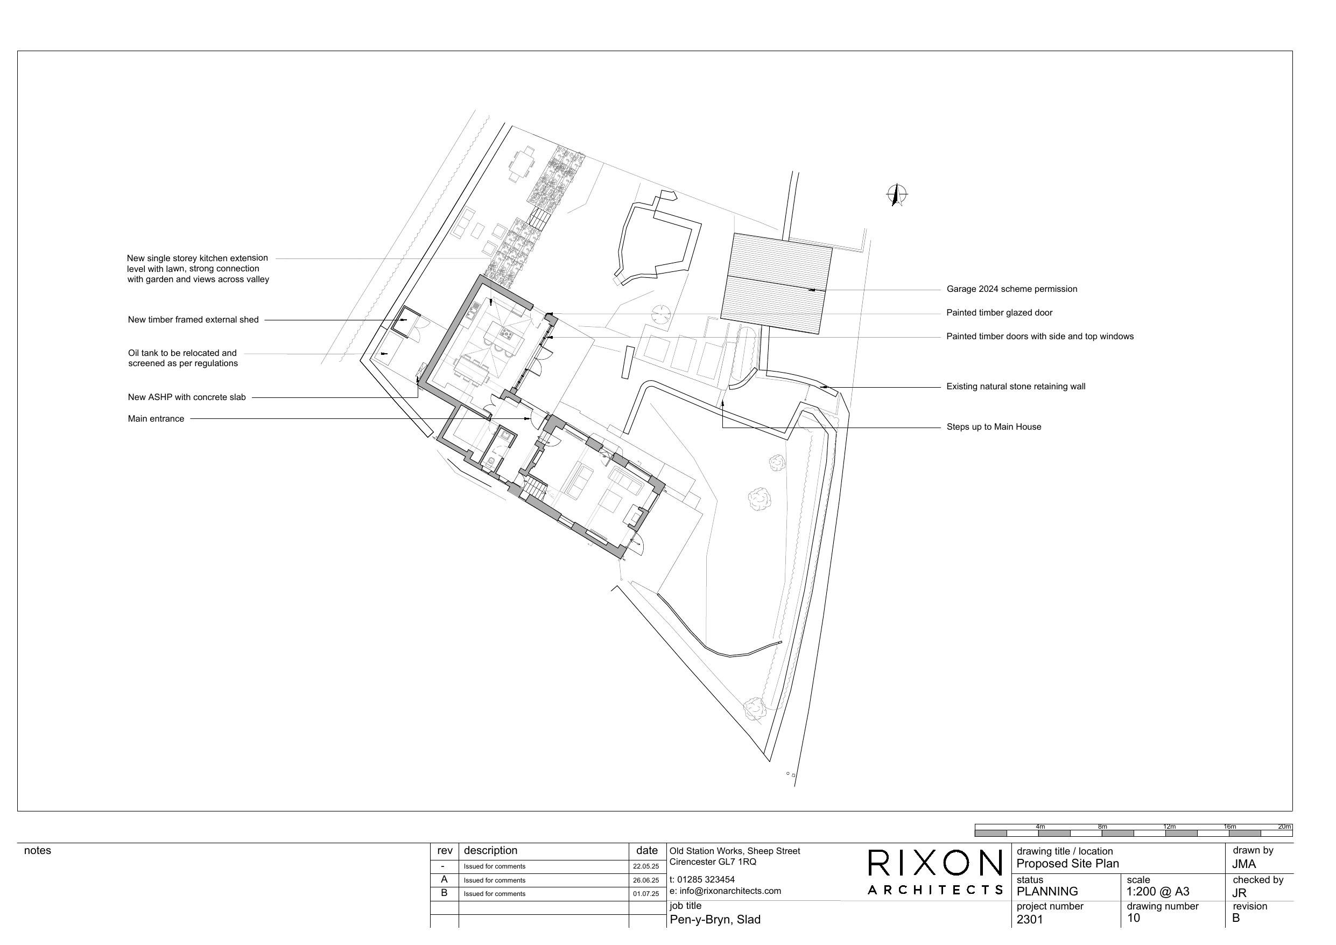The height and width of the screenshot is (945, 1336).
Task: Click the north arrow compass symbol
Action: click(897, 194)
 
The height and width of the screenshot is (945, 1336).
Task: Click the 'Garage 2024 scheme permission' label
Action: click(1011, 289)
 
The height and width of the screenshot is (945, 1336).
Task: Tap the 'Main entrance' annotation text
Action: click(156, 418)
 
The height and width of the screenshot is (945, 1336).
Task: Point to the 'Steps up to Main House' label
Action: click(993, 427)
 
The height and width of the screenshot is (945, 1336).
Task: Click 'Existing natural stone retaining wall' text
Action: click(1015, 386)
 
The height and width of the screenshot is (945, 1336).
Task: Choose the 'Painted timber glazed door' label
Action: click(999, 313)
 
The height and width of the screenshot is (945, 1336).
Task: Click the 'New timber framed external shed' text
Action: click(193, 320)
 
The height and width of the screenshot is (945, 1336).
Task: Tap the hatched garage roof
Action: click(776, 284)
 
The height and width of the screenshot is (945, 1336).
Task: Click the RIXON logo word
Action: click(934, 863)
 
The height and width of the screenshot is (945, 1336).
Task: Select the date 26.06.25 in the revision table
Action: click(646, 880)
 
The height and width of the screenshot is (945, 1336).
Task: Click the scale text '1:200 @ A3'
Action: click(1157, 892)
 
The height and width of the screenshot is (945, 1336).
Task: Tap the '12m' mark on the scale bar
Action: click(1169, 827)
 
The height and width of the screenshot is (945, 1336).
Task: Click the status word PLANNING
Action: click(1047, 892)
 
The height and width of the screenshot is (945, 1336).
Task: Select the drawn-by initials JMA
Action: click(1243, 864)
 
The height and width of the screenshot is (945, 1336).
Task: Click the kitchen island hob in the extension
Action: click(504, 334)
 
